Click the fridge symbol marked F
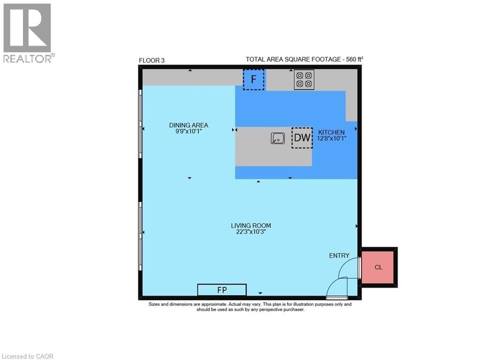coord(253,79)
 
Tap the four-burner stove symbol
coord(303,79)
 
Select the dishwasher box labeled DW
coord(302,138)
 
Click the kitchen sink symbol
coord(278,138)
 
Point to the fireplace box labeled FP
coord(222,290)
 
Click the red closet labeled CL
coord(379,267)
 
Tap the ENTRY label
coord(339,255)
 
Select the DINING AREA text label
coord(189,125)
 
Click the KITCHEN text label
coord(332,132)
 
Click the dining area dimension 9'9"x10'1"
coord(189,132)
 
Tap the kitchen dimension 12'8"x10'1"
coord(332,138)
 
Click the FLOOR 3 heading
coord(151,60)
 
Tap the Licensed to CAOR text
coord(27,356)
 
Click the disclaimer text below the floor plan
coord(250,307)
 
